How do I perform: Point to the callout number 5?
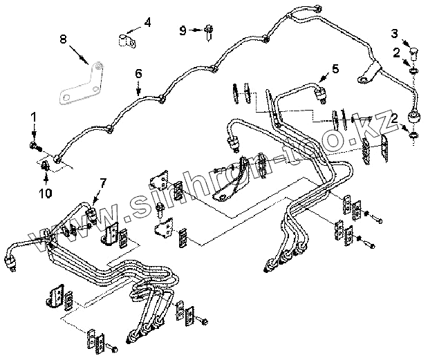pos(335,68)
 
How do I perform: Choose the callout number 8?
pos(63,39)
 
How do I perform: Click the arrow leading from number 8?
pos(78,52)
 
